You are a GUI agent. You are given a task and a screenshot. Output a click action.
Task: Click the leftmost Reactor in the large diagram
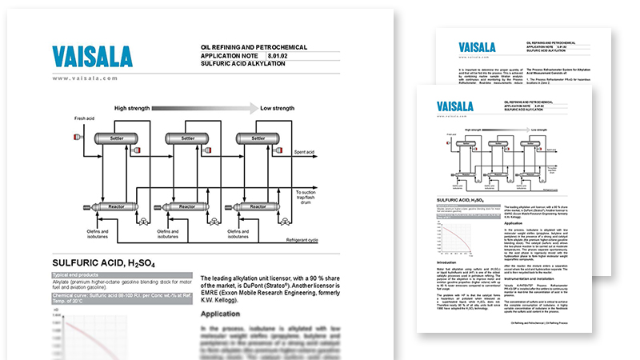click(x=115, y=207)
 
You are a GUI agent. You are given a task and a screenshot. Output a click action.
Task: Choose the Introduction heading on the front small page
click(x=450, y=261)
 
